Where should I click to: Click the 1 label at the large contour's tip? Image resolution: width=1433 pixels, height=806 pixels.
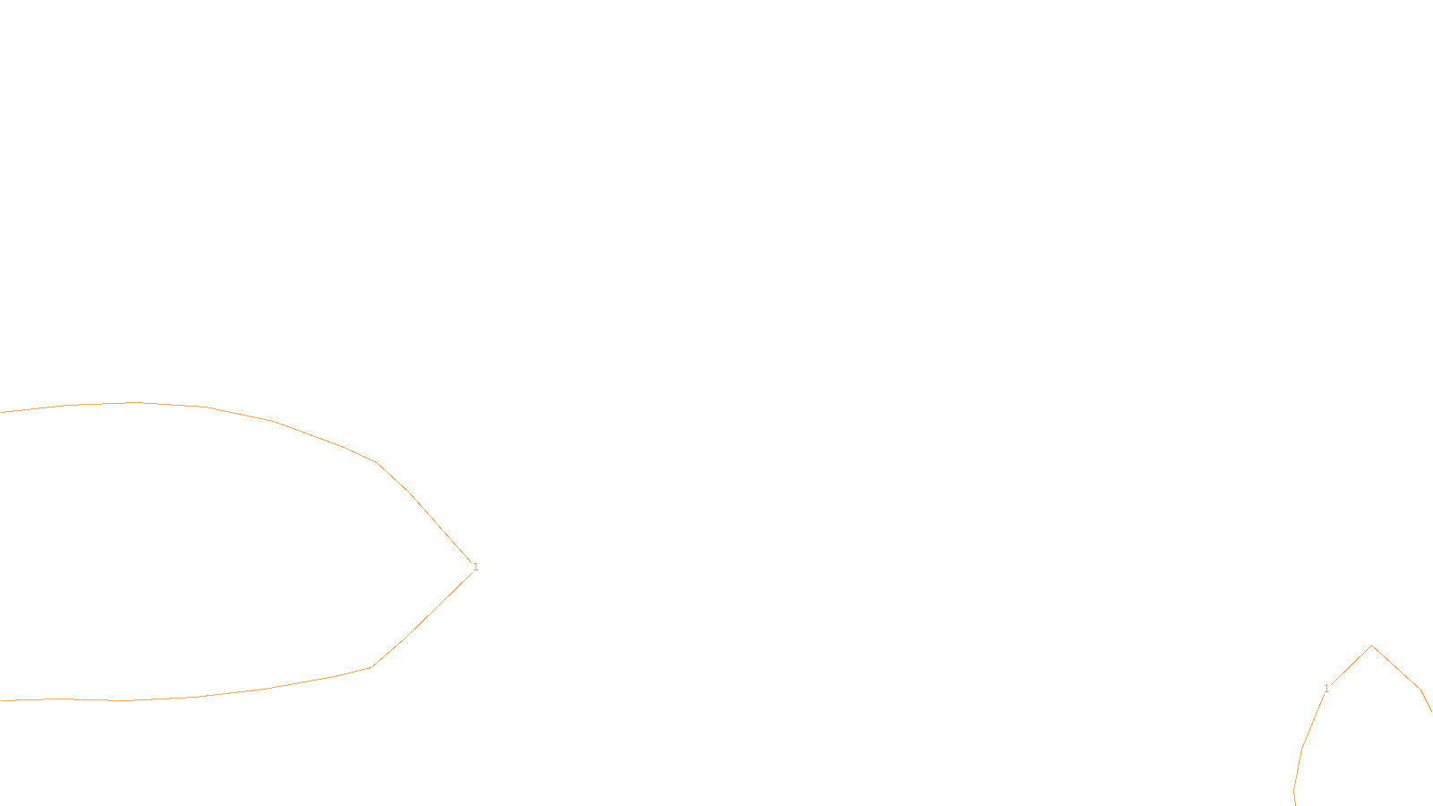coord(476,567)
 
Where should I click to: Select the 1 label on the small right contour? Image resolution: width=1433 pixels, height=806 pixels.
coord(1326,689)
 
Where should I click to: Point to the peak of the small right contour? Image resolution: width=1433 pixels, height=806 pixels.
coord(1372,646)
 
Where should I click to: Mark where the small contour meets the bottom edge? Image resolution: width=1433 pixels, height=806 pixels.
coord(1295,803)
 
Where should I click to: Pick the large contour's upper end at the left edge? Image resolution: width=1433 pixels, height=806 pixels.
coord(2,412)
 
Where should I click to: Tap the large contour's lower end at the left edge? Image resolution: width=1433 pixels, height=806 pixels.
coord(2,700)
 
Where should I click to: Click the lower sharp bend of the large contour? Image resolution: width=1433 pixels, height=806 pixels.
coord(371,667)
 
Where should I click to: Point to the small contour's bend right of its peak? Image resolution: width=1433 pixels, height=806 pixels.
coord(1420,689)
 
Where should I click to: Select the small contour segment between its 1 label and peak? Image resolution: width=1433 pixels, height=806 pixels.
coord(1351,666)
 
